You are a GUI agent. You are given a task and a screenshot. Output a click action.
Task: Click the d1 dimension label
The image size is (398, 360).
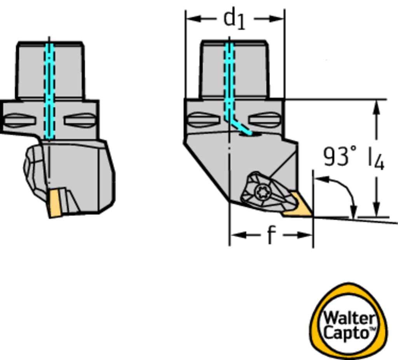(235, 19)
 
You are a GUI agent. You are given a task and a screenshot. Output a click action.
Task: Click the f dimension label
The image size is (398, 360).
(271, 235)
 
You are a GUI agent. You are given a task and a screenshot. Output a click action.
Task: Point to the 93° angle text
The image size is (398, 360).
(340, 156)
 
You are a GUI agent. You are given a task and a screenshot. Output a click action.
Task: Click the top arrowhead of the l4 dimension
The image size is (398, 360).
(376, 107)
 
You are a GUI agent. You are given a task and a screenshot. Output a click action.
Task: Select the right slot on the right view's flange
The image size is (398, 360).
(265, 119)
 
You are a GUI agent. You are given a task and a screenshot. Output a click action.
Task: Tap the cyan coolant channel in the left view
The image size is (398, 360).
(49, 89)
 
